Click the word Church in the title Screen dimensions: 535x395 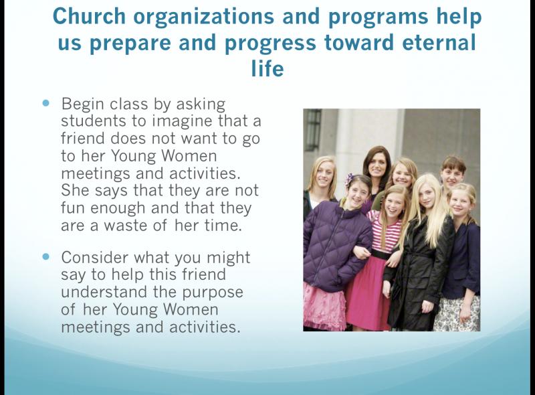[x=90, y=16]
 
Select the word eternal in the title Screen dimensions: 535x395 [x=439, y=42]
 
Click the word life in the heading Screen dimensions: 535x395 [x=267, y=68]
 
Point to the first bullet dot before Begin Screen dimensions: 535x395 [x=46, y=102]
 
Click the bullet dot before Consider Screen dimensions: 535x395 [x=46, y=256]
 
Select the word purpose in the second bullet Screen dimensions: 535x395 [x=213, y=293]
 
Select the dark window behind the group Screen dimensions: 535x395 [x=312, y=129]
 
